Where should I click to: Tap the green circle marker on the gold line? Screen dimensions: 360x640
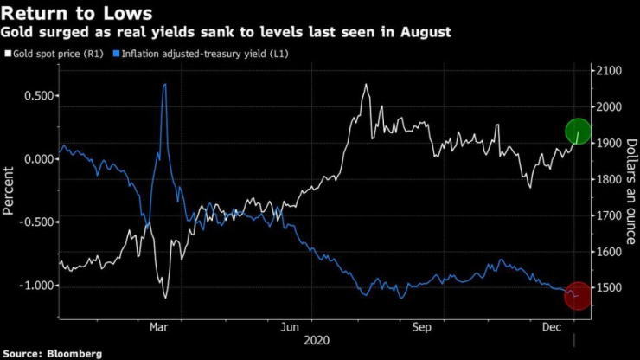tap(579, 132)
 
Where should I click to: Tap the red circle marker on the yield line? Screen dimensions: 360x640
tap(578, 296)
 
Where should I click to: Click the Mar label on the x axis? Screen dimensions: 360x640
tap(159, 327)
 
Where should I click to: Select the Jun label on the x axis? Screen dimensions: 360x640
tap(291, 327)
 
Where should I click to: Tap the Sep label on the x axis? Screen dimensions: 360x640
tap(422, 327)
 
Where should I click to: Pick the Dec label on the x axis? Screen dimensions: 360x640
tap(552, 327)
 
